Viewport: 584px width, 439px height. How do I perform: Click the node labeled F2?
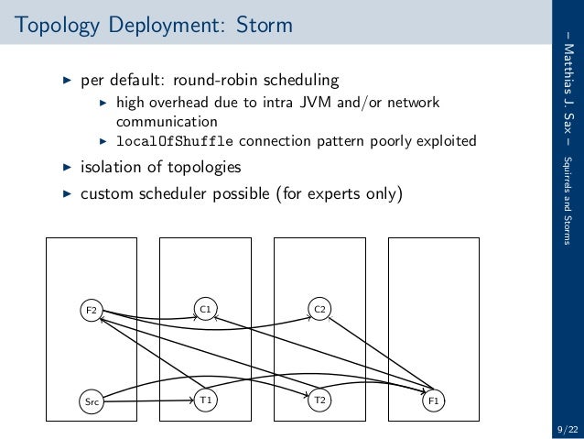coord(91,310)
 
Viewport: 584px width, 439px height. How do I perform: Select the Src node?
coord(91,401)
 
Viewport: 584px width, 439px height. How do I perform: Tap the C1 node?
coord(205,310)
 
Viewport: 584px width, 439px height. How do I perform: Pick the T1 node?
coord(205,401)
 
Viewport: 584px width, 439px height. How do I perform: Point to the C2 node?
coord(319,310)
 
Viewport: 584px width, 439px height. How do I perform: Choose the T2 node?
coord(319,401)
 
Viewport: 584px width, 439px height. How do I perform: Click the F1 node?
coord(434,401)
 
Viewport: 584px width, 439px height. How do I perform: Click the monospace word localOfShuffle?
coord(174,141)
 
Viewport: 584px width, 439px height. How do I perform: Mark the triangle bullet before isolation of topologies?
coord(66,168)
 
